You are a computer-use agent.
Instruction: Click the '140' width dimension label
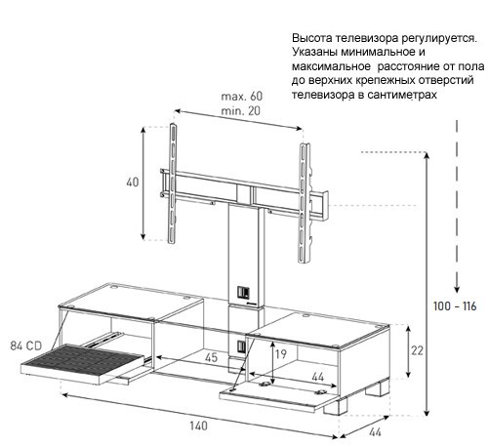tap(198, 426)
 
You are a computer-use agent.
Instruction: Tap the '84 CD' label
tap(26, 345)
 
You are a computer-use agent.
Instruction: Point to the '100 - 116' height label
tap(455, 306)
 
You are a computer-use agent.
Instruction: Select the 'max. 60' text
tap(242, 97)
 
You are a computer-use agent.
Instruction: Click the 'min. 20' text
tap(241, 111)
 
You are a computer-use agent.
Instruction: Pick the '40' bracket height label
tap(133, 183)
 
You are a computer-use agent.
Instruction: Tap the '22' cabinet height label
tap(417, 350)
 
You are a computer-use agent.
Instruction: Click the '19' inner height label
tap(281, 353)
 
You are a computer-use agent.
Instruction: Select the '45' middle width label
tap(211, 357)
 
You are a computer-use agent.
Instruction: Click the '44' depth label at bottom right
tap(375, 432)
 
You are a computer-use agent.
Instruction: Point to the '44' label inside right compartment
tap(318, 377)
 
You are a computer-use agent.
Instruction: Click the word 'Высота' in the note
tap(312, 38)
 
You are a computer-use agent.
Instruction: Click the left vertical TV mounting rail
tap(173, 183)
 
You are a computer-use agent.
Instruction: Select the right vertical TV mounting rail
tap(305, 203)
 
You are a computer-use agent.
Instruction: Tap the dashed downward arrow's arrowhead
tap(457, 289)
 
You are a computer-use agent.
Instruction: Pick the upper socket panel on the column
tap(242, 292)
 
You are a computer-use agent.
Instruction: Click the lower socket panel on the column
tap(241, 345)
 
